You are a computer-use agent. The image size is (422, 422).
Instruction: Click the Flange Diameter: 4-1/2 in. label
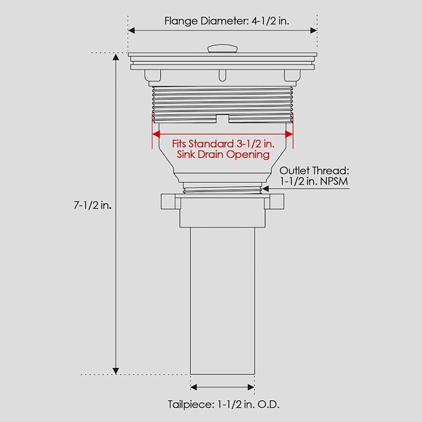tap(227, 21)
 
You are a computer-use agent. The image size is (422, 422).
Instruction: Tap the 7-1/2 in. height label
tap(93, 206)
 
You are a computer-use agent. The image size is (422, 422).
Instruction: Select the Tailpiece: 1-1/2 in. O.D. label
tap(223, 405)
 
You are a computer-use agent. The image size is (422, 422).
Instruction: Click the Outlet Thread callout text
tap(314, 176)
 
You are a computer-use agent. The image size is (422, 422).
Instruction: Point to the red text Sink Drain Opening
tap(223, 155)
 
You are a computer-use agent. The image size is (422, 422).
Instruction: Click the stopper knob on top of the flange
tap(222, 48)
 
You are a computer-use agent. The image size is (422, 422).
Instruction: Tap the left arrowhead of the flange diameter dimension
tap(131, 30)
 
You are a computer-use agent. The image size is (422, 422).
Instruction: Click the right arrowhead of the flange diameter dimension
tap(313, 30)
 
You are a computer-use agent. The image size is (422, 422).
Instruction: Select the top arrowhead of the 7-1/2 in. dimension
tap(116, 57)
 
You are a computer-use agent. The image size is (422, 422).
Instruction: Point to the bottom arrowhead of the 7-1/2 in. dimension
tap(116, 371)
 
